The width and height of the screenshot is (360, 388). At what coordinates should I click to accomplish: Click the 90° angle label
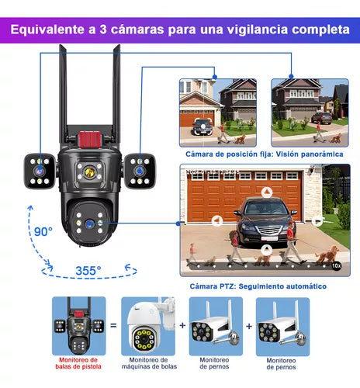[x=43, y=230]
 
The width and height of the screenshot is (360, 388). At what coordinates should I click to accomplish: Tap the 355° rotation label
[x=88, y=270]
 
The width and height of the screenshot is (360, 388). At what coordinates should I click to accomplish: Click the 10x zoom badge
[x=336, y=265]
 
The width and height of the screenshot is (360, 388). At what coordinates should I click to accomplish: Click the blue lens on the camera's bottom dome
[x=91, y=223]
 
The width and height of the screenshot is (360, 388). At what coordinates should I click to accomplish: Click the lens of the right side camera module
[x=140, y=165]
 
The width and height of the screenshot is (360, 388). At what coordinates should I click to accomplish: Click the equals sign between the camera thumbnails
[x=113, y=327]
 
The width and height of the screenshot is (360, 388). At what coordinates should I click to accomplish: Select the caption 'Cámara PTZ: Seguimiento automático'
[x=258, y=286]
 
